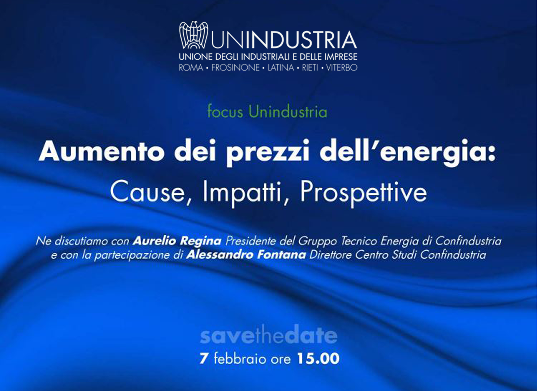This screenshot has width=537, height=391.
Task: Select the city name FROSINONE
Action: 236,68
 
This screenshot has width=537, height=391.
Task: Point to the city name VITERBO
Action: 342,68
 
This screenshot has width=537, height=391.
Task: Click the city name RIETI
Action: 310,68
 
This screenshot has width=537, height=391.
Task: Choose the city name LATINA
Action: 281,68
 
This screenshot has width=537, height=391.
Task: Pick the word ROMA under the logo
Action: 191,68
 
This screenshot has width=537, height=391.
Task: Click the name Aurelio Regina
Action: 177,241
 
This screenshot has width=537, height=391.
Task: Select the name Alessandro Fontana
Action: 246,254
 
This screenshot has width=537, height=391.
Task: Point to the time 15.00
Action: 318,359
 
